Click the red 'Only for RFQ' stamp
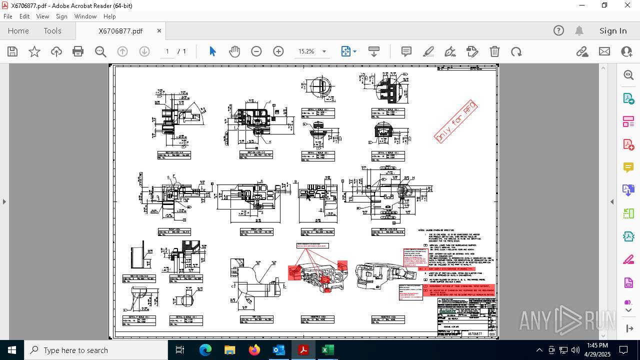click(x=455, y=121)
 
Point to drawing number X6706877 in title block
click(x=474, y=333)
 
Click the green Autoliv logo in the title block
click(x=447, y=310)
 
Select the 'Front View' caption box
click(x=256, y=232)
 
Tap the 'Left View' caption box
click(x=317, y=232)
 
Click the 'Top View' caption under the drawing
click(x=256, y=319)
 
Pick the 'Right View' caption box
click(x=174, y=232)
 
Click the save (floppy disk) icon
click(x=12, y=51)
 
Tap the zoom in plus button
click(x=278, y=51)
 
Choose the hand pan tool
click(x=234, y=51)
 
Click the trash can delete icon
click(x=494, y=51)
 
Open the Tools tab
click(x=52, y=31)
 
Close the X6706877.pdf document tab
click(x=159, y=31)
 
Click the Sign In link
click(x=613, y=31)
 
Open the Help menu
click(x=109, y=16)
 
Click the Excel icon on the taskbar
click(x=327, y=350)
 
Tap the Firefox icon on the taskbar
click(x=254, y=350)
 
